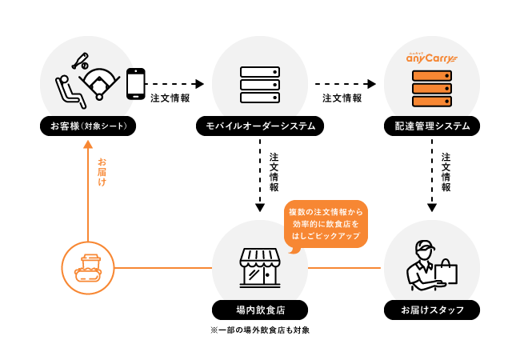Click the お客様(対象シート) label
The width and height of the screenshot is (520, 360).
click(88, 126)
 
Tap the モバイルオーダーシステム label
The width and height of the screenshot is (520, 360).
click(260, 126)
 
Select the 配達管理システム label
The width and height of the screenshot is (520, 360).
click(432, 126)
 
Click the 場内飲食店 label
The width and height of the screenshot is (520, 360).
click(260, 310)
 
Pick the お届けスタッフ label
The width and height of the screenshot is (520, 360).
click(432, 310)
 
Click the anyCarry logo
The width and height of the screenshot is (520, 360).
click(431, 58)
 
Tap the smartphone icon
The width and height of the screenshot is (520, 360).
click(135, 83)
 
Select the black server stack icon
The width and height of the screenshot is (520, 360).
click(260, 84)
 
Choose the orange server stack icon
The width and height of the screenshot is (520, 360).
click(432, 88)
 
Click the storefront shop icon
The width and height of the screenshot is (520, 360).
click(260, 266)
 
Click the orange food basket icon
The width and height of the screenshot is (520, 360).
click(88, 268)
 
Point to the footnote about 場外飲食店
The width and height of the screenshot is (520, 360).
click(260, 330)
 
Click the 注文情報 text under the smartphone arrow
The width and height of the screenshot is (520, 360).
click(170, 98)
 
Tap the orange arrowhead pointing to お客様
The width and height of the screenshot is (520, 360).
click(88, 145)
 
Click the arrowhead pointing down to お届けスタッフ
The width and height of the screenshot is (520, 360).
click(432, 208)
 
